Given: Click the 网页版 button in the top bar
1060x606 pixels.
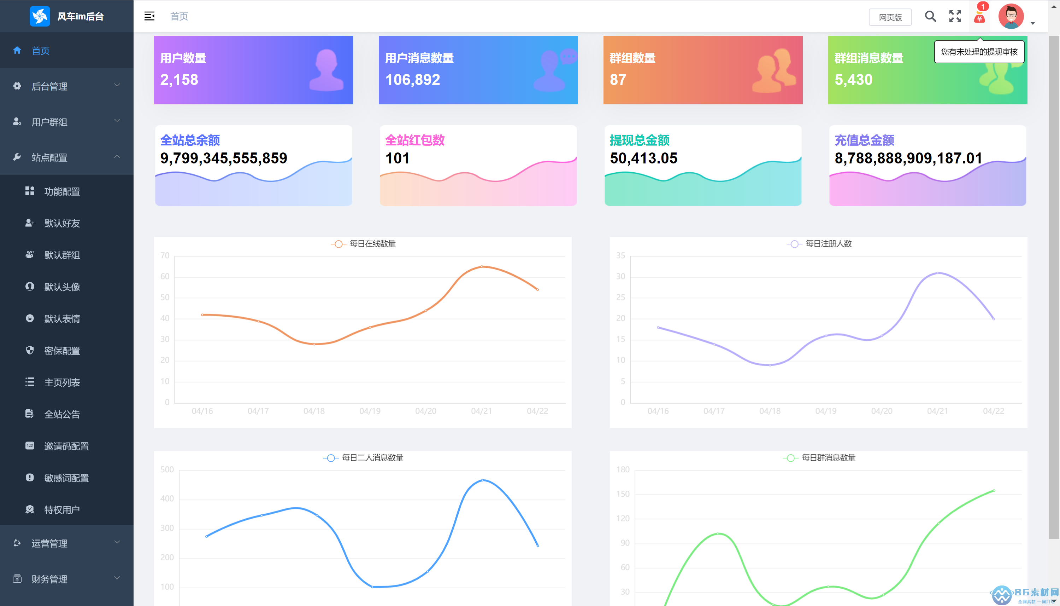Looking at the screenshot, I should [x=890, y=17].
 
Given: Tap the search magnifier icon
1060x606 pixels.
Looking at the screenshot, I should [x=930, y=16].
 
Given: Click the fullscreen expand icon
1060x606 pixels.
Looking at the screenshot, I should [x=955, y=16].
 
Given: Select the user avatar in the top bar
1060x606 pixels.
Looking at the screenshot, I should [x=1011, y=16].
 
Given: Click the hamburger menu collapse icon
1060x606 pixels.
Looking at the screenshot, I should [x=149, y=16].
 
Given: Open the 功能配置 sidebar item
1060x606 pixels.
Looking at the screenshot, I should [x=62, y=191].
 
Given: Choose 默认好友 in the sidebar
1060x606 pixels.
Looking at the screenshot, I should [x=62, y=224].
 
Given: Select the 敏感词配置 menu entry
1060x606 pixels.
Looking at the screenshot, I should [x=66, y=478].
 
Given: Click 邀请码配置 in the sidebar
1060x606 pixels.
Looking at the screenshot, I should [x=66, y=446].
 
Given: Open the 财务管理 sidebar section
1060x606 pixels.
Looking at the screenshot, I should [x=49, y=579].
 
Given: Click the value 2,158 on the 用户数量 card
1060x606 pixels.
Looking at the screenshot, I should [x=179, y=80].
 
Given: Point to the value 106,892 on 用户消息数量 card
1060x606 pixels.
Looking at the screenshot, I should [x=412, y=80].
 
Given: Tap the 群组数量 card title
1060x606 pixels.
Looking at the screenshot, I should [x=632, y=58].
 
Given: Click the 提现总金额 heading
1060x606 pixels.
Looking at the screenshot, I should [x=639, y=140].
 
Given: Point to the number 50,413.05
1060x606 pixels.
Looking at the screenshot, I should [x=643, y=158].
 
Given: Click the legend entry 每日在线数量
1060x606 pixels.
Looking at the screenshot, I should [x=372, y=244].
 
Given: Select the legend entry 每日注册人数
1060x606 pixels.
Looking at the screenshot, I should [x=828, y=244].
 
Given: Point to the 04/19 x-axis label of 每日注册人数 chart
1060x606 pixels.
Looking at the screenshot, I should [x=825, y=411].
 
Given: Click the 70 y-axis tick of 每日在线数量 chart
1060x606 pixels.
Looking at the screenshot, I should [x=165, y=255].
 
